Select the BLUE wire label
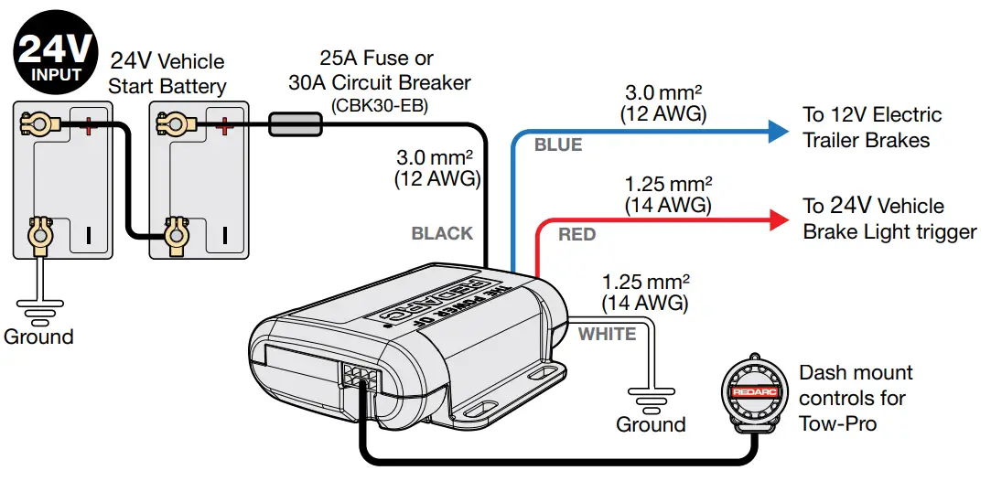pyautogui.click(x=558, y=145)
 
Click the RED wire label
pyautogui.click(x=576, y=235)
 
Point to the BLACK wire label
pyautogui.click(x=442, y=233)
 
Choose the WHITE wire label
pyautogui.click(x=607, y=334)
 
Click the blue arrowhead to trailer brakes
pyautogui.click(x=777, y=132)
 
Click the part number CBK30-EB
pyautogui.click(x=379, y=105)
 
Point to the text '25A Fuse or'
pyautogui.click(x=376, y=59)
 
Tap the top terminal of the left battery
pyautogui.click(x=40, y=122)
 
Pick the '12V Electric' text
pyautogui.click(x=872, y=116)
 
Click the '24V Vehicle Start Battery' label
pyautogui.click(x=167, y=74)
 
